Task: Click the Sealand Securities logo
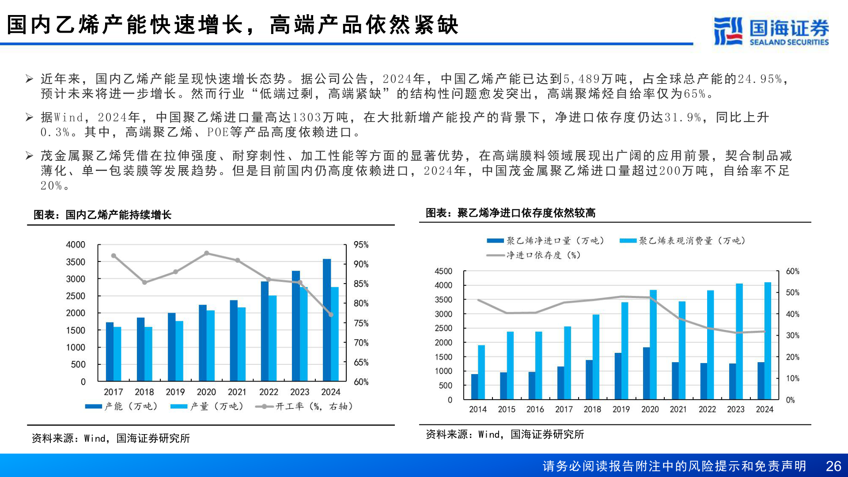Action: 771,31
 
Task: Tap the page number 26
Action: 833,466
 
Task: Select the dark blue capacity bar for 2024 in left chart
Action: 327,320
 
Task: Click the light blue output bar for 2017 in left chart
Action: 117,354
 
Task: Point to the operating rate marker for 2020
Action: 207,253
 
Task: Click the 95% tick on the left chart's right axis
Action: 361,245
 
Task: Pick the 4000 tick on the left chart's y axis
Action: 76,245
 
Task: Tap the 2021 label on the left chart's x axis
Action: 237,392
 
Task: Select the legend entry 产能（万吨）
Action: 122,406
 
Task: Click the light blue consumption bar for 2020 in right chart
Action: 653,344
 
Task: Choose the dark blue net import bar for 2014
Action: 474,387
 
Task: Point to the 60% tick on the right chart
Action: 792,271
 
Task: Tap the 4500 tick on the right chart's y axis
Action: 443,271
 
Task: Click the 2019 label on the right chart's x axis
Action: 621,409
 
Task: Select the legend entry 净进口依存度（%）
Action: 534,255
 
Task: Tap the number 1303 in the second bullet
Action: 307,117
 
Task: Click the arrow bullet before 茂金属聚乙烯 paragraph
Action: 30,155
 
